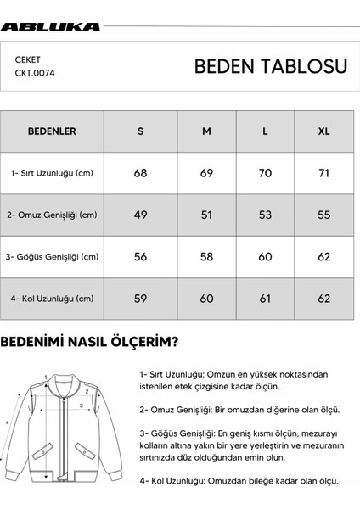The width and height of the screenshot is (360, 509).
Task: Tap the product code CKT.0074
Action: (34, 73)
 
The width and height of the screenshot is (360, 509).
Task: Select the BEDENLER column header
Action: (53, 131)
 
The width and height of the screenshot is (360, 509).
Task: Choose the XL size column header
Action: (323, 131)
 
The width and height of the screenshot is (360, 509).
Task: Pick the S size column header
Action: (140, 131)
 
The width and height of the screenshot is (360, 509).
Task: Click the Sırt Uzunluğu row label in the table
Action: (53, 173)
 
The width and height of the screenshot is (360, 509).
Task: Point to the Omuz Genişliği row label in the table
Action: (53, 215)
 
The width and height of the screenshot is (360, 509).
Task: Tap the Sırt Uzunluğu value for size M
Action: (205, 173)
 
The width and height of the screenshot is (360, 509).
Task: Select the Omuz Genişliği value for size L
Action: (265, 215)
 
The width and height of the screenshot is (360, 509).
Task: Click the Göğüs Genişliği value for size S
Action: (140, 256)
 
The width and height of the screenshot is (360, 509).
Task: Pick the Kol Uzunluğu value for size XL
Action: (323, 298)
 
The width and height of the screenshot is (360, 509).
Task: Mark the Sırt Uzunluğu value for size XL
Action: (323, 173)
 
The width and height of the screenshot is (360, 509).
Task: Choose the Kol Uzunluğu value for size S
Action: (140, 298)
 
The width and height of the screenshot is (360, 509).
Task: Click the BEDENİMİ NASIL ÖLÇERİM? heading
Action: (89, 343)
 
